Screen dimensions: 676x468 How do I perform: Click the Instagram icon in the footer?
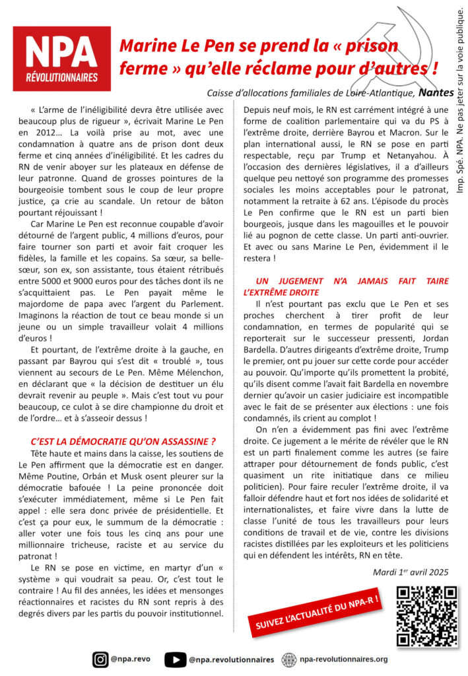(100, 658)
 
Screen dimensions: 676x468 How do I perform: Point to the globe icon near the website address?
(288, 658)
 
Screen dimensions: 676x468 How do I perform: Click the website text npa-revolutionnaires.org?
(343, 659)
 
